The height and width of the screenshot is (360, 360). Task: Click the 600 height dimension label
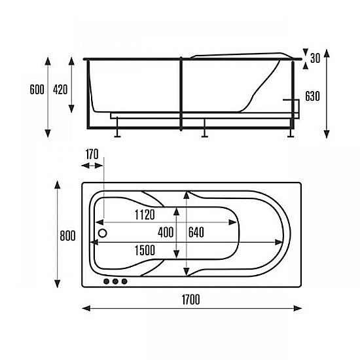coord(37,90)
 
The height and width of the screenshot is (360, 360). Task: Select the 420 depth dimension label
coord(60,90)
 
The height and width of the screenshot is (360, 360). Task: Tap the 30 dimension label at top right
coord(315,58)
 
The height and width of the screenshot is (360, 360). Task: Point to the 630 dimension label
coord(312,96)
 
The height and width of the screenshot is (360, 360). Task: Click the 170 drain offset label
coord(92,154)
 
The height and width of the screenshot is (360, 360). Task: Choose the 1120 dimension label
coord(145,215)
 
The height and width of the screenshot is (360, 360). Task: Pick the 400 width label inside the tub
coord(166,232)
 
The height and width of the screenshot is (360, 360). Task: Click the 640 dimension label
coord(196,232)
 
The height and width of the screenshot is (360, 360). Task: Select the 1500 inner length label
coord(145,250)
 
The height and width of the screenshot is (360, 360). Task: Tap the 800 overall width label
coord(67,236)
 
